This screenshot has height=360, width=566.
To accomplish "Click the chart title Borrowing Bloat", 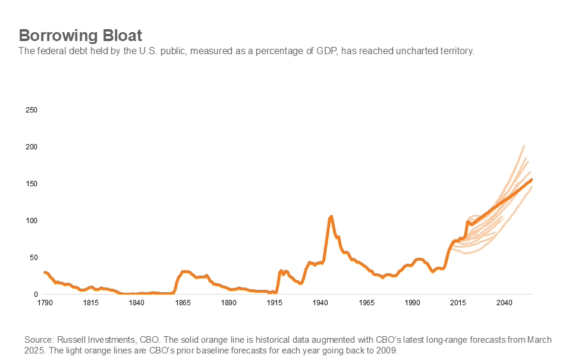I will pos(80,34).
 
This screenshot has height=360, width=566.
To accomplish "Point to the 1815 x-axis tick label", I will pos(90,303).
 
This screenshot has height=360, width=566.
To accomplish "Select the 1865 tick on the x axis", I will pos(183,303).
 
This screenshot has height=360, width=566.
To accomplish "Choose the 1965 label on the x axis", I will pos(367,303).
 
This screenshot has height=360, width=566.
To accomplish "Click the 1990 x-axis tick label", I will pos(413,303).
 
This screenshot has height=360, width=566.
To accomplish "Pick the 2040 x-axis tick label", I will pos(504,303).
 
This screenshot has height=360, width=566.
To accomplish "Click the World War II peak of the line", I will pos(331,216).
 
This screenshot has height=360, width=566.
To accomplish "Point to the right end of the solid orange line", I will pos(532,179).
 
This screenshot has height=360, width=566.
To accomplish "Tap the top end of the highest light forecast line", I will pos(524,145).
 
